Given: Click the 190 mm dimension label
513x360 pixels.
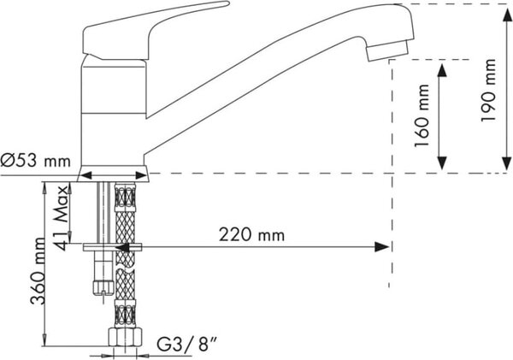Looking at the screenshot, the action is [488, 90].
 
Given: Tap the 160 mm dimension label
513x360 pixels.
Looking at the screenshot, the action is [422, 115].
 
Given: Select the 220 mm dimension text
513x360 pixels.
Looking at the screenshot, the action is [251, 234].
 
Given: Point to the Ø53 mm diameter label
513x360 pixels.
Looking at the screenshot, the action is [35, 161].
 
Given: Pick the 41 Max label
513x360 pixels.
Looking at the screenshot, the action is [61, 218].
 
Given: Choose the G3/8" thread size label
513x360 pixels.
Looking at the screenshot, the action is [186, 345].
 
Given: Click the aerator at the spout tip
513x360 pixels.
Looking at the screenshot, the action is [387, 50].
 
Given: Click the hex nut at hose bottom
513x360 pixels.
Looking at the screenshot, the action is [126, 337].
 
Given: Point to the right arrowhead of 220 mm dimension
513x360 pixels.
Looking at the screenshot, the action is [381, 247].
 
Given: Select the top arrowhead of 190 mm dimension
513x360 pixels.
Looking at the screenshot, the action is [506, 15].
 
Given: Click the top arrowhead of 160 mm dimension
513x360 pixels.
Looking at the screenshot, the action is [442, 70].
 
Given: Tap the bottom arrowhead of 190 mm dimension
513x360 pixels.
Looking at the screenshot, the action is [506, 163].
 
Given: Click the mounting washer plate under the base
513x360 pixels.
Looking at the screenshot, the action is [112, 247].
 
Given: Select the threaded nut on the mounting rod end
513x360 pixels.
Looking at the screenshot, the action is [103, 287].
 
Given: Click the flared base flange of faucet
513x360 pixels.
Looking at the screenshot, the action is [113, 173].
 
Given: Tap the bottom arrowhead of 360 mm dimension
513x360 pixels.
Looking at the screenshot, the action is [44, 340].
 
